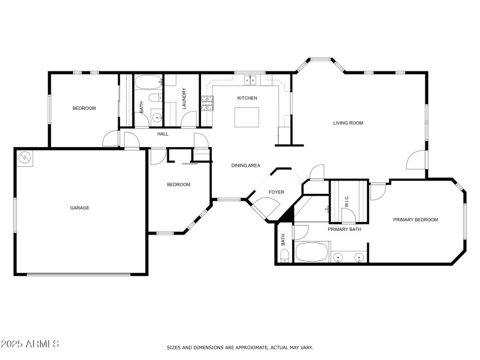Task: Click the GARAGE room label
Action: (x=80, y=208)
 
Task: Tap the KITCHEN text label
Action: (x=247, y=98)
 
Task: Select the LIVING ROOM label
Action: (x=349, y=123)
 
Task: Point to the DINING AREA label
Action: (x=246, y=165)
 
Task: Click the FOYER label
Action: (x=276, y=192)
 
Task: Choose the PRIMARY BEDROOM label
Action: (x=416, y=220)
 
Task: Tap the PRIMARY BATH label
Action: (x=344, y=229)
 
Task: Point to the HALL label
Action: (x=163, y=134)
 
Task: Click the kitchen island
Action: (x=247, y=117)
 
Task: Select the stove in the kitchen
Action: (x=207, y=104)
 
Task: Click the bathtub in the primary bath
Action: (x=312, y=252)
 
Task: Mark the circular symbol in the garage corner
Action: (x=24, y=158)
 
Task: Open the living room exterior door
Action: (x=416, y=160)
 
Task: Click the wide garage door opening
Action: (x=78, y=274)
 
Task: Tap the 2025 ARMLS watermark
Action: (x=30, y=344)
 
